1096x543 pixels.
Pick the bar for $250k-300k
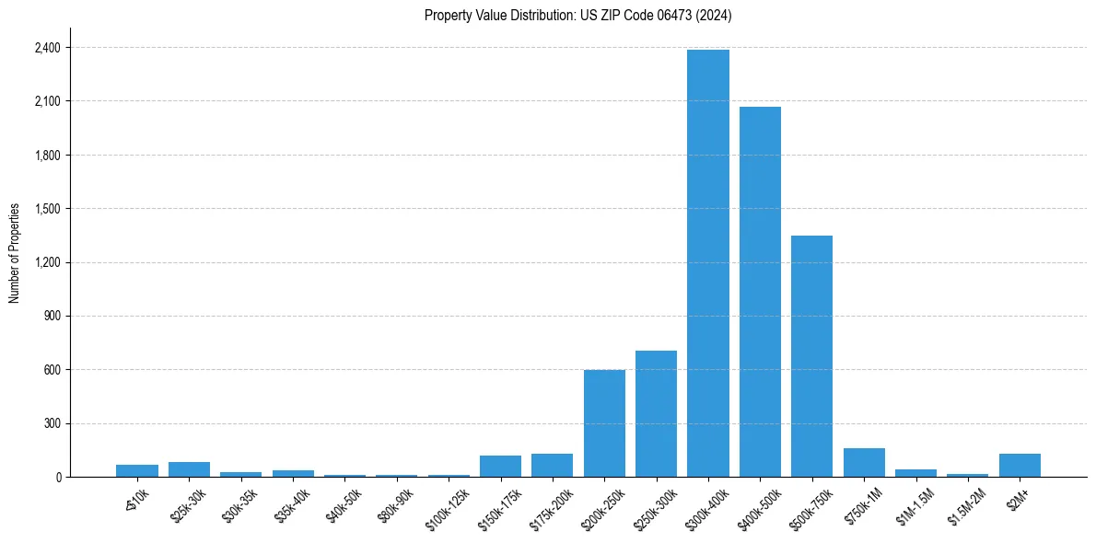coord(656,414)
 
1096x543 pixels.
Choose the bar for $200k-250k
coord(604,423)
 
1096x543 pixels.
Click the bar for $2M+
coord(1020,466)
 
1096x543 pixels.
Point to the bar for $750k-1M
coord(864,463)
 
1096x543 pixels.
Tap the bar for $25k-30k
coord(189,469)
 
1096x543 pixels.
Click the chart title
coord(577,16)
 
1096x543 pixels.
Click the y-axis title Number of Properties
coord(15,253)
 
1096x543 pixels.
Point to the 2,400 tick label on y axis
coord(47,47)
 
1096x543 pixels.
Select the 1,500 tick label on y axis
coord(47,209)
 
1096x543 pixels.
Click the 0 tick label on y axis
coord(58,478)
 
